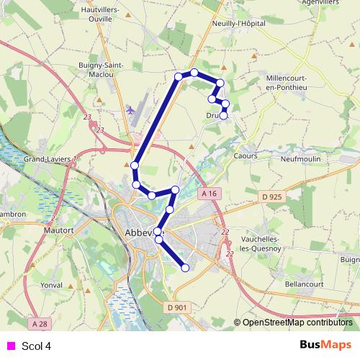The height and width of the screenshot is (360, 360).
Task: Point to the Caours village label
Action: pos(246,156)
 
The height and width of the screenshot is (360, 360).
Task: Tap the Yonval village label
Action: pos(52,285)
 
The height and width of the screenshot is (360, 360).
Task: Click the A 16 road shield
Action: pos(210,194)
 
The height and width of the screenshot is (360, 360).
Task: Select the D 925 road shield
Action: pos(271,196)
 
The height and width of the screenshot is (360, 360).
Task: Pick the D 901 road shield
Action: pos(176,308)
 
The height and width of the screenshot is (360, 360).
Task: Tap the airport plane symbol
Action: pos(130,110)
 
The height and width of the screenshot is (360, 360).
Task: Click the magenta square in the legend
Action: pos(11,345)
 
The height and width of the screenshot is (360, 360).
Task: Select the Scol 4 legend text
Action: pos(36,346)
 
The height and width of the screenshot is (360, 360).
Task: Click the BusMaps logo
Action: pos(325,345)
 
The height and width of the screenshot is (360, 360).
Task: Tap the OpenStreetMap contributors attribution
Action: pos(297,323)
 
